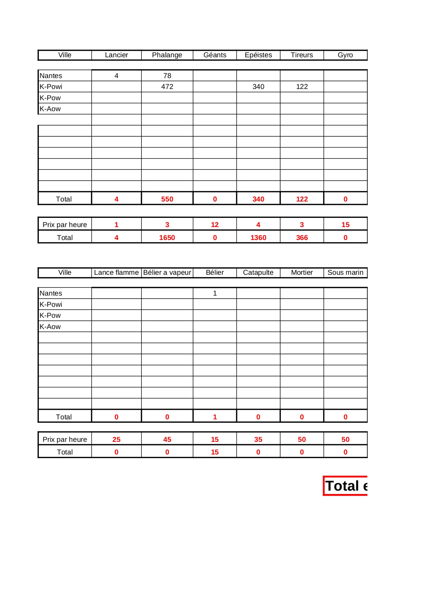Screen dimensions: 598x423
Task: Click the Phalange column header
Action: pyautogui.click(x=167, y=55)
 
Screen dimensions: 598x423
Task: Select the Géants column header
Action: pyautogui.click(x=215, y=55)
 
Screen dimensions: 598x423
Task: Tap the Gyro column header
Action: pyautogui.click(x=345, y=55)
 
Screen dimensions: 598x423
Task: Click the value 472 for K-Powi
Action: pyautogui.click(x=167, y=87)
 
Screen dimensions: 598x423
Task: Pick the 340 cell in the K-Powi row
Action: pyautogui.click(x=258, y=87)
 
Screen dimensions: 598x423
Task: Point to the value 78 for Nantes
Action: pyautogui.click(x=167, y=76)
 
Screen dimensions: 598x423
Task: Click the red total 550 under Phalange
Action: pyautogui.click(x=167, y=199)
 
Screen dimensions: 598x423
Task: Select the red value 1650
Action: pyautogui.click(x=167, y=238)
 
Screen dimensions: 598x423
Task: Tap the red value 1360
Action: pyautogui.click(x=258, y=238)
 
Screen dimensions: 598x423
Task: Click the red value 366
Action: pyautogui.click(x=302, y=238)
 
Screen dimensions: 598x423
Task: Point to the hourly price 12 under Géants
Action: pyautogui.click(x=215, y=225)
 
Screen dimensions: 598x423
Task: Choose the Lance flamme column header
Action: pyautogui.click(x=116, y=273)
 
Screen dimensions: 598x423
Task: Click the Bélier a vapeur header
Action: pyautogui.click(x=167, y=273)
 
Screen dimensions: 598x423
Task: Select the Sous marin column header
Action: pyautogui.click(x=345, y=273)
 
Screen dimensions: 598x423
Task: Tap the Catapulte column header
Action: pyautogui.click(x=258, y=273)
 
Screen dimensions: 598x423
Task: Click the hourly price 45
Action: pyautogui.click(x=167, y=439)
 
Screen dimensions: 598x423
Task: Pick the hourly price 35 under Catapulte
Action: pyautogui.click(x=258, y=439)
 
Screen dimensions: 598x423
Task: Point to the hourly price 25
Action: pyautogui.click(x=116, y=439)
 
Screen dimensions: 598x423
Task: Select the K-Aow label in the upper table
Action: pyautogui.click(x=50, y=109)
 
